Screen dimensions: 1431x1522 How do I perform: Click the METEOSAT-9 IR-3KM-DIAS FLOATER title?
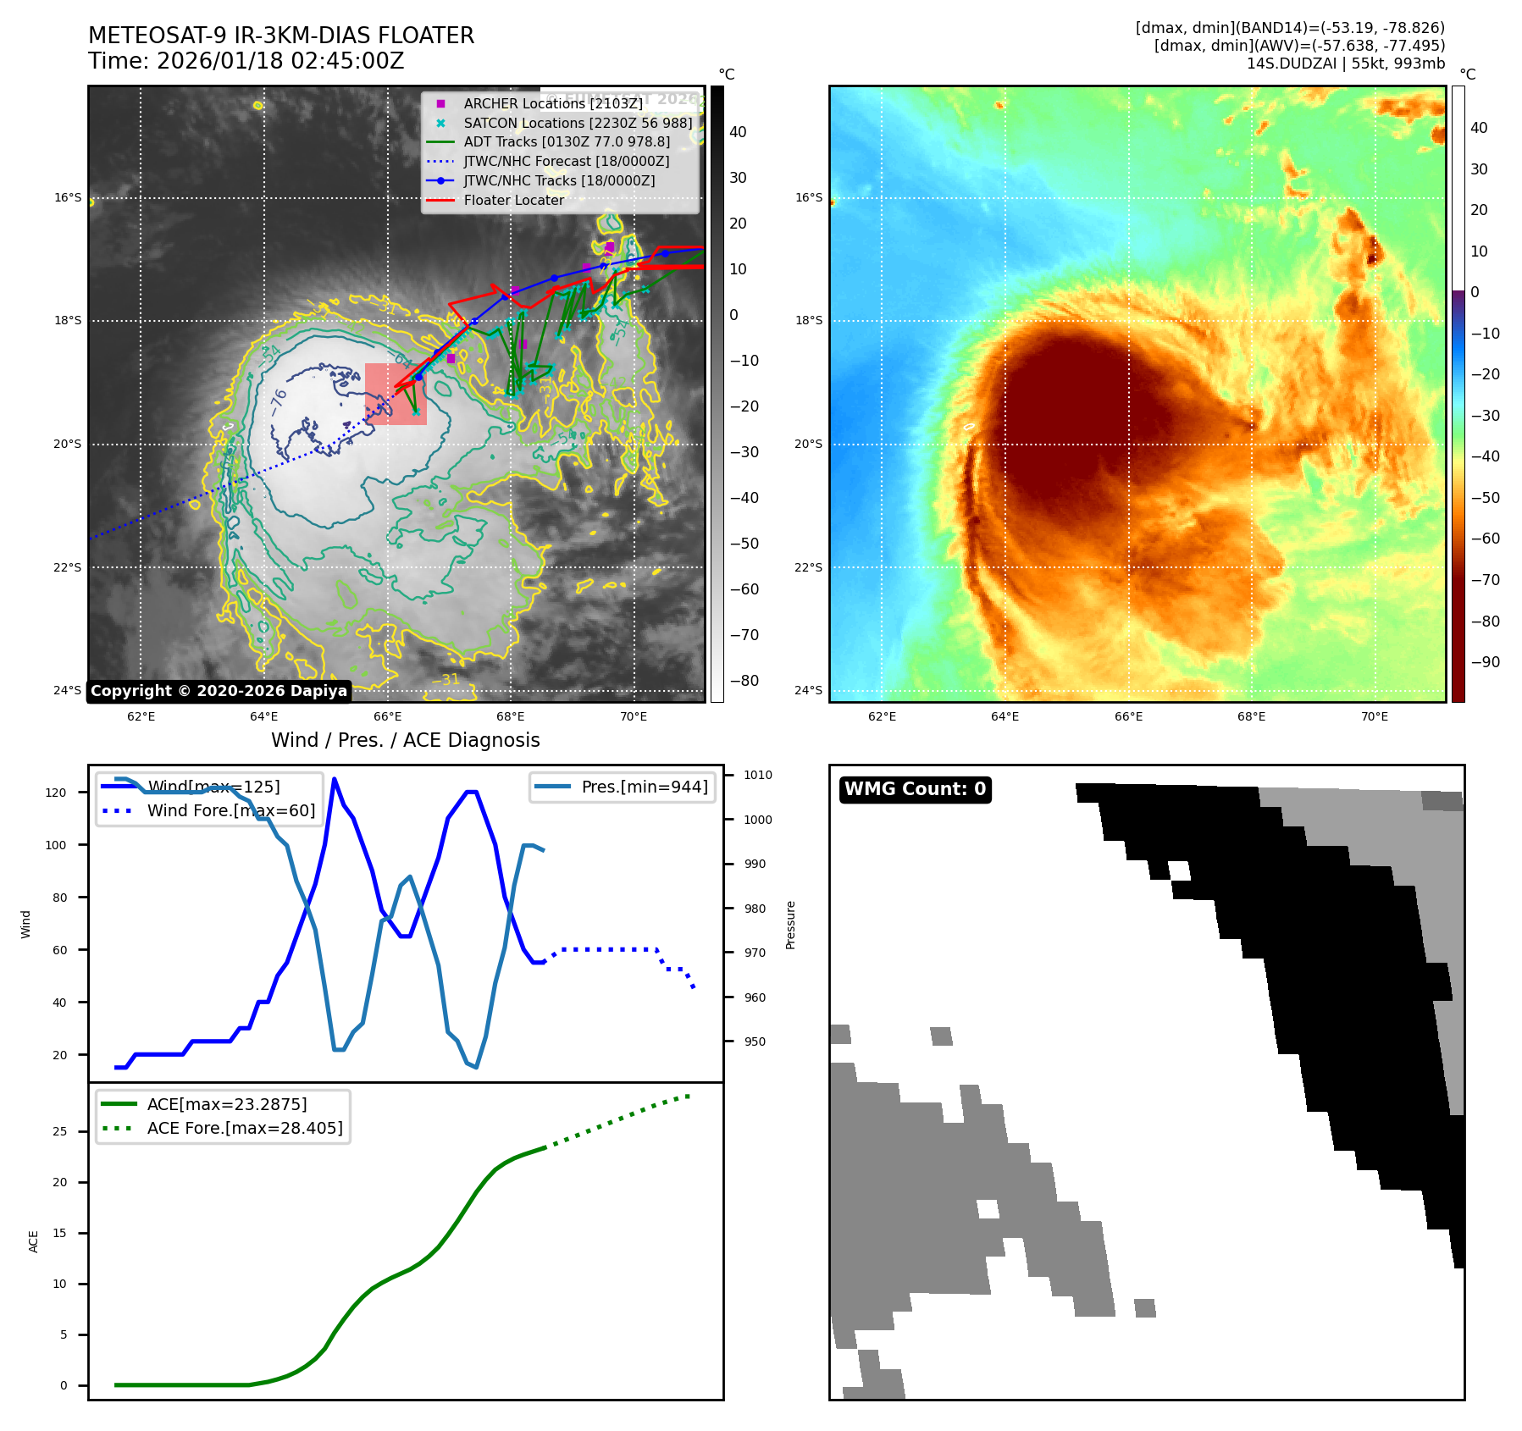281,36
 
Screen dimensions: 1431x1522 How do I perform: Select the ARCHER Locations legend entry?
552,103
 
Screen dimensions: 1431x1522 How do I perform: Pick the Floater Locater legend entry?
513,200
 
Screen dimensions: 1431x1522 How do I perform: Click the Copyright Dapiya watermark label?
219,691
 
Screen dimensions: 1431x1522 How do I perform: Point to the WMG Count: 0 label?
915,789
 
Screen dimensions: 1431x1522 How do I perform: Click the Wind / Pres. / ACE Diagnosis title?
405,740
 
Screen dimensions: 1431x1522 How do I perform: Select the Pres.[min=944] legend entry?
644,787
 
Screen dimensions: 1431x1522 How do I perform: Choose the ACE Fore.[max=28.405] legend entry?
245,1128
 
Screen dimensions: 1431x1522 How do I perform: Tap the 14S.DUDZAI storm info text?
1345,64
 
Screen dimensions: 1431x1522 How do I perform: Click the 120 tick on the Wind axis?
56,793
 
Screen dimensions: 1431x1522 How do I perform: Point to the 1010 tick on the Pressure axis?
758,775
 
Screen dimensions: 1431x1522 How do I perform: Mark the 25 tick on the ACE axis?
59,1131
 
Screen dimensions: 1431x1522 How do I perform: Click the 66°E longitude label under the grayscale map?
388,717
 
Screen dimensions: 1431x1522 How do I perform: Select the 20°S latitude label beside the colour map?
808,444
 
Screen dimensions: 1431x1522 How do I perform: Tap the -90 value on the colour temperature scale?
1485,662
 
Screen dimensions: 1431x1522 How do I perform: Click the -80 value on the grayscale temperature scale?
744,681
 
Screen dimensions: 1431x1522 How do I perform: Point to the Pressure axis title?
790,925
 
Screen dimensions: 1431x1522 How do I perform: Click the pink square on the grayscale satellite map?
396,394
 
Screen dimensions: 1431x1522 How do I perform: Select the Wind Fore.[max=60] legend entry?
230,810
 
